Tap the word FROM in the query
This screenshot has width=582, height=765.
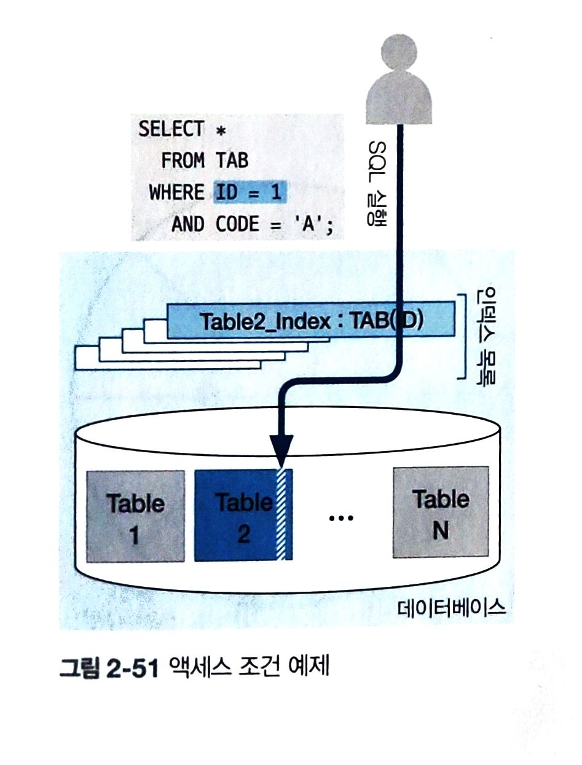tap(183, 161)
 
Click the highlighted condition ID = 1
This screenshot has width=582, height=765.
tap(249, 192)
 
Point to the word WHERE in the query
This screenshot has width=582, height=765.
tap(176, 193)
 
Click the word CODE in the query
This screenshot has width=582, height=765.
tap(237, 225)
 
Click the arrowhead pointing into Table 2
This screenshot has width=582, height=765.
tap(281, 445)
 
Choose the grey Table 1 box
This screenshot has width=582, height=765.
tap(135, 516)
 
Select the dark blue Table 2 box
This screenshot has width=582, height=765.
tap(237, 516)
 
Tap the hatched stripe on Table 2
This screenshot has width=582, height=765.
tap(283, 516)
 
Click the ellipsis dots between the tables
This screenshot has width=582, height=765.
tap(341, 518)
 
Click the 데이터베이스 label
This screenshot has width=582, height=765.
tap(451, 609)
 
